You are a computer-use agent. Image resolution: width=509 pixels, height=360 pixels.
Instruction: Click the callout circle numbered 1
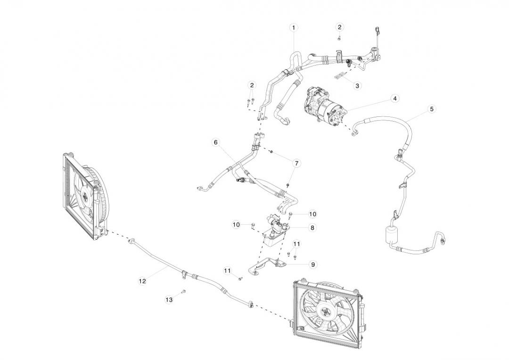point(294,28)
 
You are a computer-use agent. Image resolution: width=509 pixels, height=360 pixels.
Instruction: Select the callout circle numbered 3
point(357,86)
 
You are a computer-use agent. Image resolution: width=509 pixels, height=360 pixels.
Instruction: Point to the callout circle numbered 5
point(431,109)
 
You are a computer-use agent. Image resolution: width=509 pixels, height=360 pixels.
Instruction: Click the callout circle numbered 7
point(296,163)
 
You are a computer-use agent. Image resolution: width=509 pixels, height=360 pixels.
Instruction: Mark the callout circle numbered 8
point(312,227)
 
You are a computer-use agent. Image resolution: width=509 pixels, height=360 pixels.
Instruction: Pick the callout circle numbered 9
point(313,264)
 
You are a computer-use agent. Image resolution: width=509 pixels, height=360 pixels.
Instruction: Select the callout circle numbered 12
point(142,281)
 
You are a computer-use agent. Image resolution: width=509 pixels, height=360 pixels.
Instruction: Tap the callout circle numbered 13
point(169,299)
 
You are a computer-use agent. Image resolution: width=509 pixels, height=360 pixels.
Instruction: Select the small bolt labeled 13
point(184,291)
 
